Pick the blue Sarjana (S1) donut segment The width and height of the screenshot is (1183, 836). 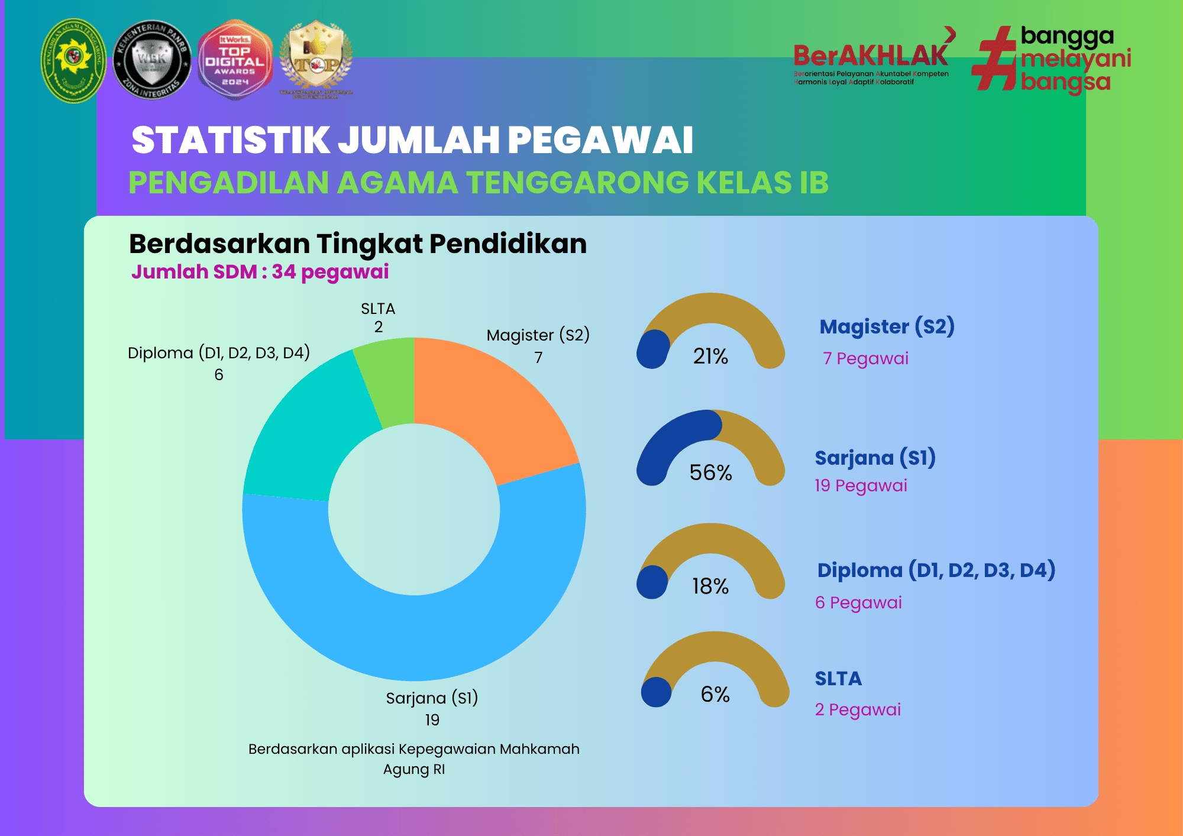[414, 639]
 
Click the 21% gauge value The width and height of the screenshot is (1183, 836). [710, 356]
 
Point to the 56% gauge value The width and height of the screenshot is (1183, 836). [710, 472]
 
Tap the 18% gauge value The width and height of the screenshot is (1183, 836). [710, 586]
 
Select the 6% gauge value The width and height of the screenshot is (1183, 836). [715, 694]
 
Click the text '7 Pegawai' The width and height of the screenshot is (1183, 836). [865, 358]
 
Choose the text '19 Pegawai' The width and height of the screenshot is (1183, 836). [861, 485]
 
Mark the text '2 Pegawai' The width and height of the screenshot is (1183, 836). [858, 709]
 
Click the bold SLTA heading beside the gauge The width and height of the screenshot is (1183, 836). [838, 678]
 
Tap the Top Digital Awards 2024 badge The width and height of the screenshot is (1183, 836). [235, 60]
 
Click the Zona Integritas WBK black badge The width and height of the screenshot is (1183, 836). [152, 60]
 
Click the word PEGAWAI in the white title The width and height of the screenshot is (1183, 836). [600, 140]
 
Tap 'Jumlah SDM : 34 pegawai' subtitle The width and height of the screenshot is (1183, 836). [260, 272]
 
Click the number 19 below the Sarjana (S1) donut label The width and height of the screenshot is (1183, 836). [432, 720]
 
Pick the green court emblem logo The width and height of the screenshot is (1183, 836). [73, 60]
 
